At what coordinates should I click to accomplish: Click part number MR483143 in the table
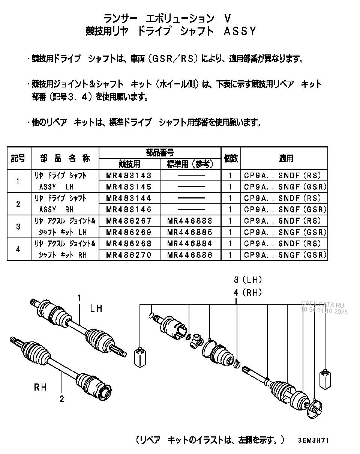(129, 176)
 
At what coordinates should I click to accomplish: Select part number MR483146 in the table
(129, 209)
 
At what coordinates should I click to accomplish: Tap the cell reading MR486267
(129, 221)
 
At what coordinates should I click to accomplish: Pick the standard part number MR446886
(190, 255)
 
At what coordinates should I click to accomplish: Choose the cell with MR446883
(190, 221)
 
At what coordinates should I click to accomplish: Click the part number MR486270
(129, 255)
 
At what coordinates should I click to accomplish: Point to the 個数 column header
(231, 158)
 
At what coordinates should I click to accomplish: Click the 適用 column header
(285, 158)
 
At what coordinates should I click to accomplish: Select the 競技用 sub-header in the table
(129, 164)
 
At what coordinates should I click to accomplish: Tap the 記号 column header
(18, 158)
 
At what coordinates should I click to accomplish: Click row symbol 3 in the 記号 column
(18, 226)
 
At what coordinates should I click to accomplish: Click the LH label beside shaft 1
(96, 308)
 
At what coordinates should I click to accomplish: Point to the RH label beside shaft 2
(40, 387)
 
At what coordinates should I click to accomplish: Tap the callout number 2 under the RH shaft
(61, 399)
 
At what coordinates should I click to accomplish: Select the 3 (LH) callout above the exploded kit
(247, 280)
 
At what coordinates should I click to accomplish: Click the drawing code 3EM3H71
(313, 440)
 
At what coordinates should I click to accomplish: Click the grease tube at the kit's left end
(139, 358)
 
